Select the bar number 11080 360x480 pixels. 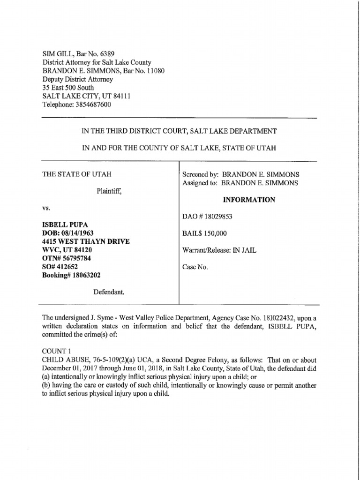155,71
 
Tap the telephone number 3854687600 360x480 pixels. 93,105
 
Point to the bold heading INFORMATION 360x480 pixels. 249,200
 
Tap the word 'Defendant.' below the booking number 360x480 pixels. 108,292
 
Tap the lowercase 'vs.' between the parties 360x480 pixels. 46,208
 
